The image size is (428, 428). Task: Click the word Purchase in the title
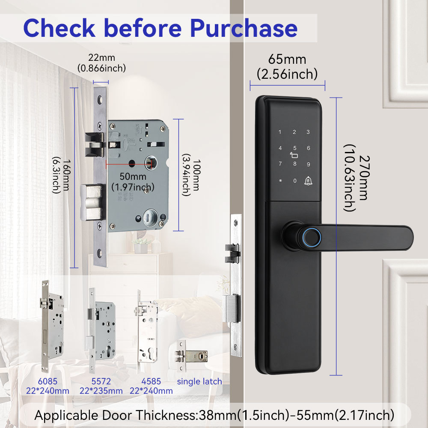pos(244,28)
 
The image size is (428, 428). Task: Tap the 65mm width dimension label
pos(287,59)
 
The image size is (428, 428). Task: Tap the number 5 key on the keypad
pos(294,149)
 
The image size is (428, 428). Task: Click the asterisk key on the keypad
pos(280,181)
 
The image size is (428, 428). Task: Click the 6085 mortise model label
pos(47,381)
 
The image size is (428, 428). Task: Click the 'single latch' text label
pos(199,381)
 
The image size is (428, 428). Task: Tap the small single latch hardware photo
pos(192,355)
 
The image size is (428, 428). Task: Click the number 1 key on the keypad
pos(280,132)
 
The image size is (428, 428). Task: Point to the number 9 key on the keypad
pos(308,164)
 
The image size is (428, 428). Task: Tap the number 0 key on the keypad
pos(294,181)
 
